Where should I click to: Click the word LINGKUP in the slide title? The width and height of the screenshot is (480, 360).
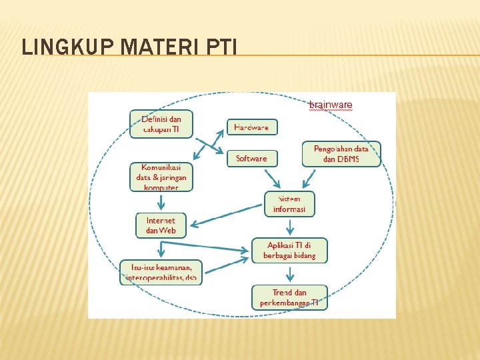[61, 48]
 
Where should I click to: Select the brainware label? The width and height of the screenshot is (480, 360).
[331, 105]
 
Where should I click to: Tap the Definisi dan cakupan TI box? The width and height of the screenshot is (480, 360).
[161, 124]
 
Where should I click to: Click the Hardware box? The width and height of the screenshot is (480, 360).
[251, 127]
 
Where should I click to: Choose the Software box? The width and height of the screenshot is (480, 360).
[251, 158]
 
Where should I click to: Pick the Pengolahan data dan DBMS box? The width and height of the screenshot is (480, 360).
[341, 153]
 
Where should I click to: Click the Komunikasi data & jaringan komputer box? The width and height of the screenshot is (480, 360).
[161, 177]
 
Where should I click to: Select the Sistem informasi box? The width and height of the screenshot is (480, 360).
[289, 204]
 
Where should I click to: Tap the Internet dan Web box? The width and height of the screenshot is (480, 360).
[161, 225]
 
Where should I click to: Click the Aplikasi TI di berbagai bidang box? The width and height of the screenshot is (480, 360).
[289, 250]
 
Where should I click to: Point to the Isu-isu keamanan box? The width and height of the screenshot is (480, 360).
[161, 272]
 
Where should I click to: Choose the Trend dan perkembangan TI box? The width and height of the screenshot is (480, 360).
[289, 297]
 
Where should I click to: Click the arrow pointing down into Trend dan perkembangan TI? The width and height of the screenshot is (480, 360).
[289, 273]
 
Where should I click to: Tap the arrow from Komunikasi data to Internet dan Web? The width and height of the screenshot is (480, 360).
[160, 201]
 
